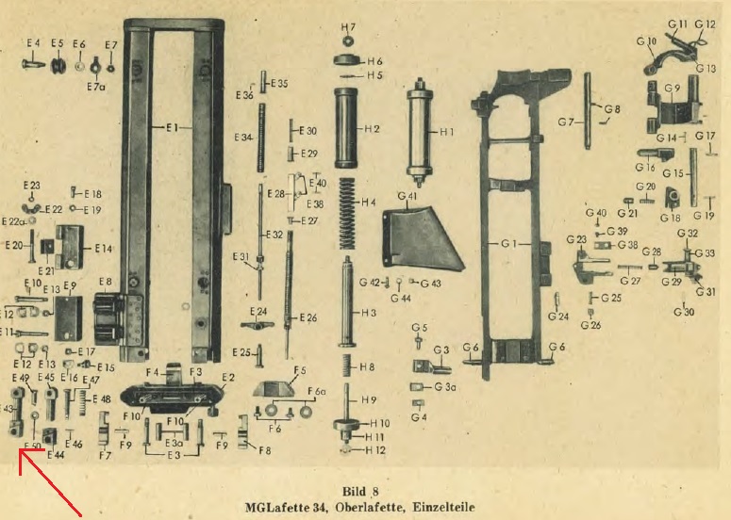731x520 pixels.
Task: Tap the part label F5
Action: coord(301,370)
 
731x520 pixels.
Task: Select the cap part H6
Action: coord(349,60)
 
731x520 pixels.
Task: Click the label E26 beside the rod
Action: coord(308,317)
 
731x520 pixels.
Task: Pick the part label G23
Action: coord(575,240)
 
